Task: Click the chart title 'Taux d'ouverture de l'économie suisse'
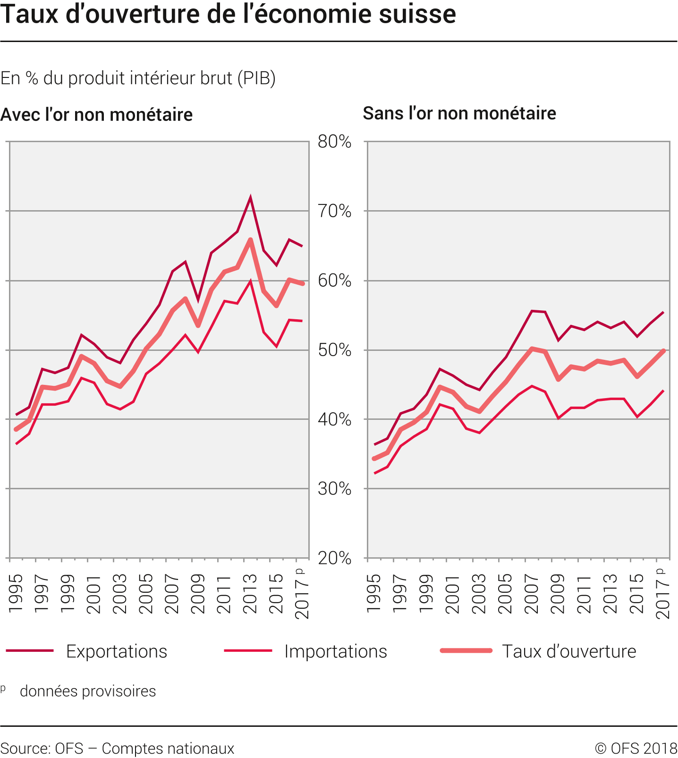[x=228, y=14]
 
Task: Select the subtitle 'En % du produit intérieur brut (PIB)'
[x=138, y=78]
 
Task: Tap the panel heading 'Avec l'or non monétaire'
[x=97, y=115]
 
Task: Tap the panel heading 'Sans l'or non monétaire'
[x=459, y=113]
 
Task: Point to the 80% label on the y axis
[x=334, y=142]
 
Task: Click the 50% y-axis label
[x=334, y=350]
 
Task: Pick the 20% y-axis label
[x=334, y=558]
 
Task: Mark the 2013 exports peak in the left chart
[x=250, y=197]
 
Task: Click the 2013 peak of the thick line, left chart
[x=250, y=240]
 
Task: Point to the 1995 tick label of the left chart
[x=16, y=593]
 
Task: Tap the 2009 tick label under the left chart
[x=198, y=593]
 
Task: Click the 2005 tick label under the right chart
[x=505, y=593]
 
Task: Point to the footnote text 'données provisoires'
[x=88, y=691]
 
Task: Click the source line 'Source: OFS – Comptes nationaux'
[x=118, y=749]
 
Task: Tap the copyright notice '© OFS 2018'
[x=636, y=749]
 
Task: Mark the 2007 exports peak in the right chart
[x=532, y=311]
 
